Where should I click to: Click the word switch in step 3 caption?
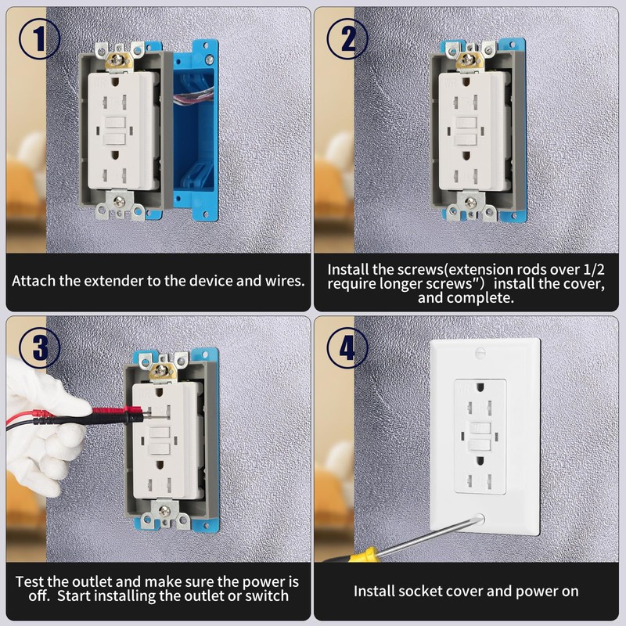click(x=268, y=596)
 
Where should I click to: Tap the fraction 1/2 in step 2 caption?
click(x=593, y=268)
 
